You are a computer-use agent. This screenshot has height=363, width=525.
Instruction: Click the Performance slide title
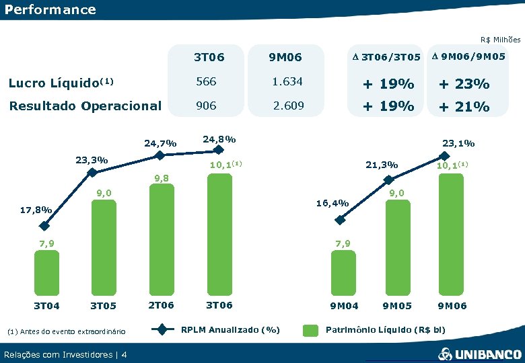[50, 10]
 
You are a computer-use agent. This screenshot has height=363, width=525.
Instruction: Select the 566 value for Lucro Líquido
[205, 81]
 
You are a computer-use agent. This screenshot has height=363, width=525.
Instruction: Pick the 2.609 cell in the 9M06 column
[287, 106]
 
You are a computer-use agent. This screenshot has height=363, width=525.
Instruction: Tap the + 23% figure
[464, 84]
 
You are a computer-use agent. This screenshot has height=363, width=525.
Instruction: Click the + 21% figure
[464, 106]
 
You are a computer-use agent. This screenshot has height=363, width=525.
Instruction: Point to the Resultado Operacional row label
[84, 106]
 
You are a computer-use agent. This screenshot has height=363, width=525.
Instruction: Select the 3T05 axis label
[103, 306]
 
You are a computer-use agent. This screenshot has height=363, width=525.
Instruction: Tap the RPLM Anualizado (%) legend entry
[230, 329]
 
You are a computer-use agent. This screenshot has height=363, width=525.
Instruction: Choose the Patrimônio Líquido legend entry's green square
[310, 330]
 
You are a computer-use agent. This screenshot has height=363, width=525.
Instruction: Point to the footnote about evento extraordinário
[65, 331]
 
